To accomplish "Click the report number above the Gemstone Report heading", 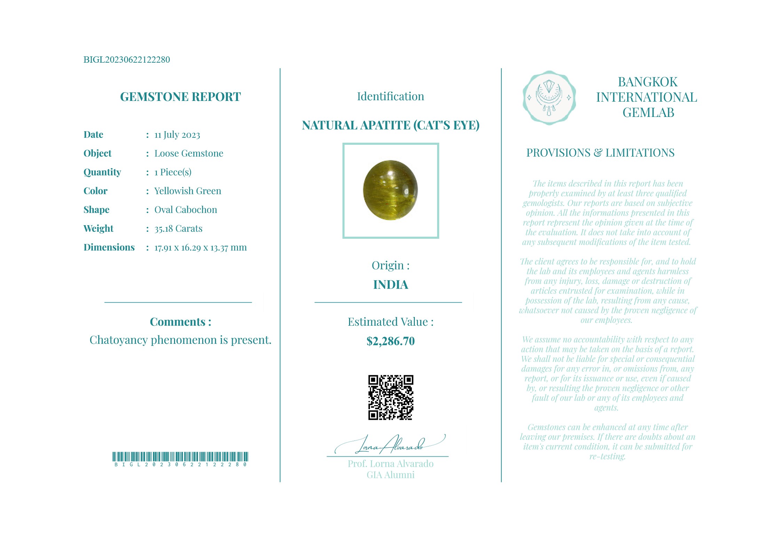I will click(x=127, y=60).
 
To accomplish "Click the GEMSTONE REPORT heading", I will click(x=180, y=97).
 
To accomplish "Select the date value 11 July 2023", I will click(x=177, y=135).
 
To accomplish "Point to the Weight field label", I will click(x=98, y=229).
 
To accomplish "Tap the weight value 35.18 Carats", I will click(x=178, y=229).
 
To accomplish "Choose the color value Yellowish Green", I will click(x=188, y=191).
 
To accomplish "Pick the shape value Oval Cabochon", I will click(x=185, y=210).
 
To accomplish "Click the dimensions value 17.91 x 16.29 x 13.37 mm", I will click(x=200, y=247).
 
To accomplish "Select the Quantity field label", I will click(x=102, y=172).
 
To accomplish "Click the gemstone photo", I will click(x=390, y=191).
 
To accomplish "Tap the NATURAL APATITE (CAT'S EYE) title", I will click(x=390, y=125).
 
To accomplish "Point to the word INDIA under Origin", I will click(x=390, y=285).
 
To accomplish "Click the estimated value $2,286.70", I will click(x=390, y=341).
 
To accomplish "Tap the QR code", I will click(x=390, y=397).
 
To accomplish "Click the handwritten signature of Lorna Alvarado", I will click(x=390, y=445).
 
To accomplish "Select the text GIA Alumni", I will click(x=390, y=475).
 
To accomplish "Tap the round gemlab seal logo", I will click(x=549, y=98).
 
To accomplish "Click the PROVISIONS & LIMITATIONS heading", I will click(x=600, y=153).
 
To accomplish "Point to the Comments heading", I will click(x=180, y=322).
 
